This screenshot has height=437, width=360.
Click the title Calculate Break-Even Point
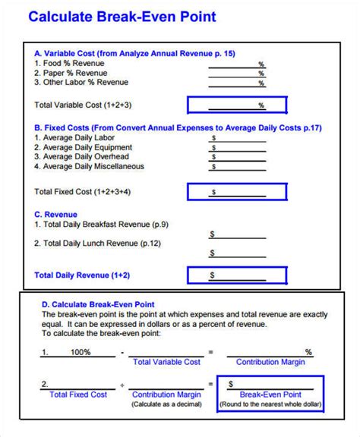tap(122, 17)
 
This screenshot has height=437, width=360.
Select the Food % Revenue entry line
tap(237, 65)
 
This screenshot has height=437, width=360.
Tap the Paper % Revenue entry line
tap(237, 74)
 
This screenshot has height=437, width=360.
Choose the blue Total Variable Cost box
tap(237, 105)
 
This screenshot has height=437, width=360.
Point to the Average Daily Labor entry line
tap(237, 139)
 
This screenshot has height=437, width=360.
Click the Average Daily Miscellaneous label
tap(89, 166)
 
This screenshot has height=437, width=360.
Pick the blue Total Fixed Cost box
tap(237, 192)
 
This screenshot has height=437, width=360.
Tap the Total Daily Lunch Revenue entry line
tap(237, 253)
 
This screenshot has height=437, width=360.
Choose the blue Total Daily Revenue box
tap(237, 275)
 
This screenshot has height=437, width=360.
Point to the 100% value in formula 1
tap(81, 352)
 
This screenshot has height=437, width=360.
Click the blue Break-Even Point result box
tap(271, 393)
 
